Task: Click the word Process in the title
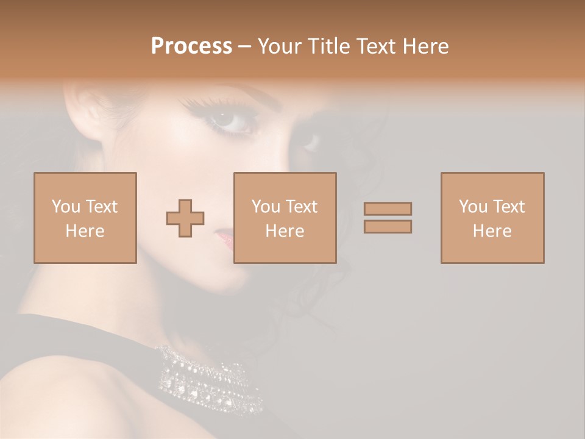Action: click(x=191, y=46)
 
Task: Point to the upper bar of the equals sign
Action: click(x=388, y=209)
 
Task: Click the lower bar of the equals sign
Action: click(x=388, y=227)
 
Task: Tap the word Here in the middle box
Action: click(x=285, y=231)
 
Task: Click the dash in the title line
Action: click(x=244, y=46)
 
